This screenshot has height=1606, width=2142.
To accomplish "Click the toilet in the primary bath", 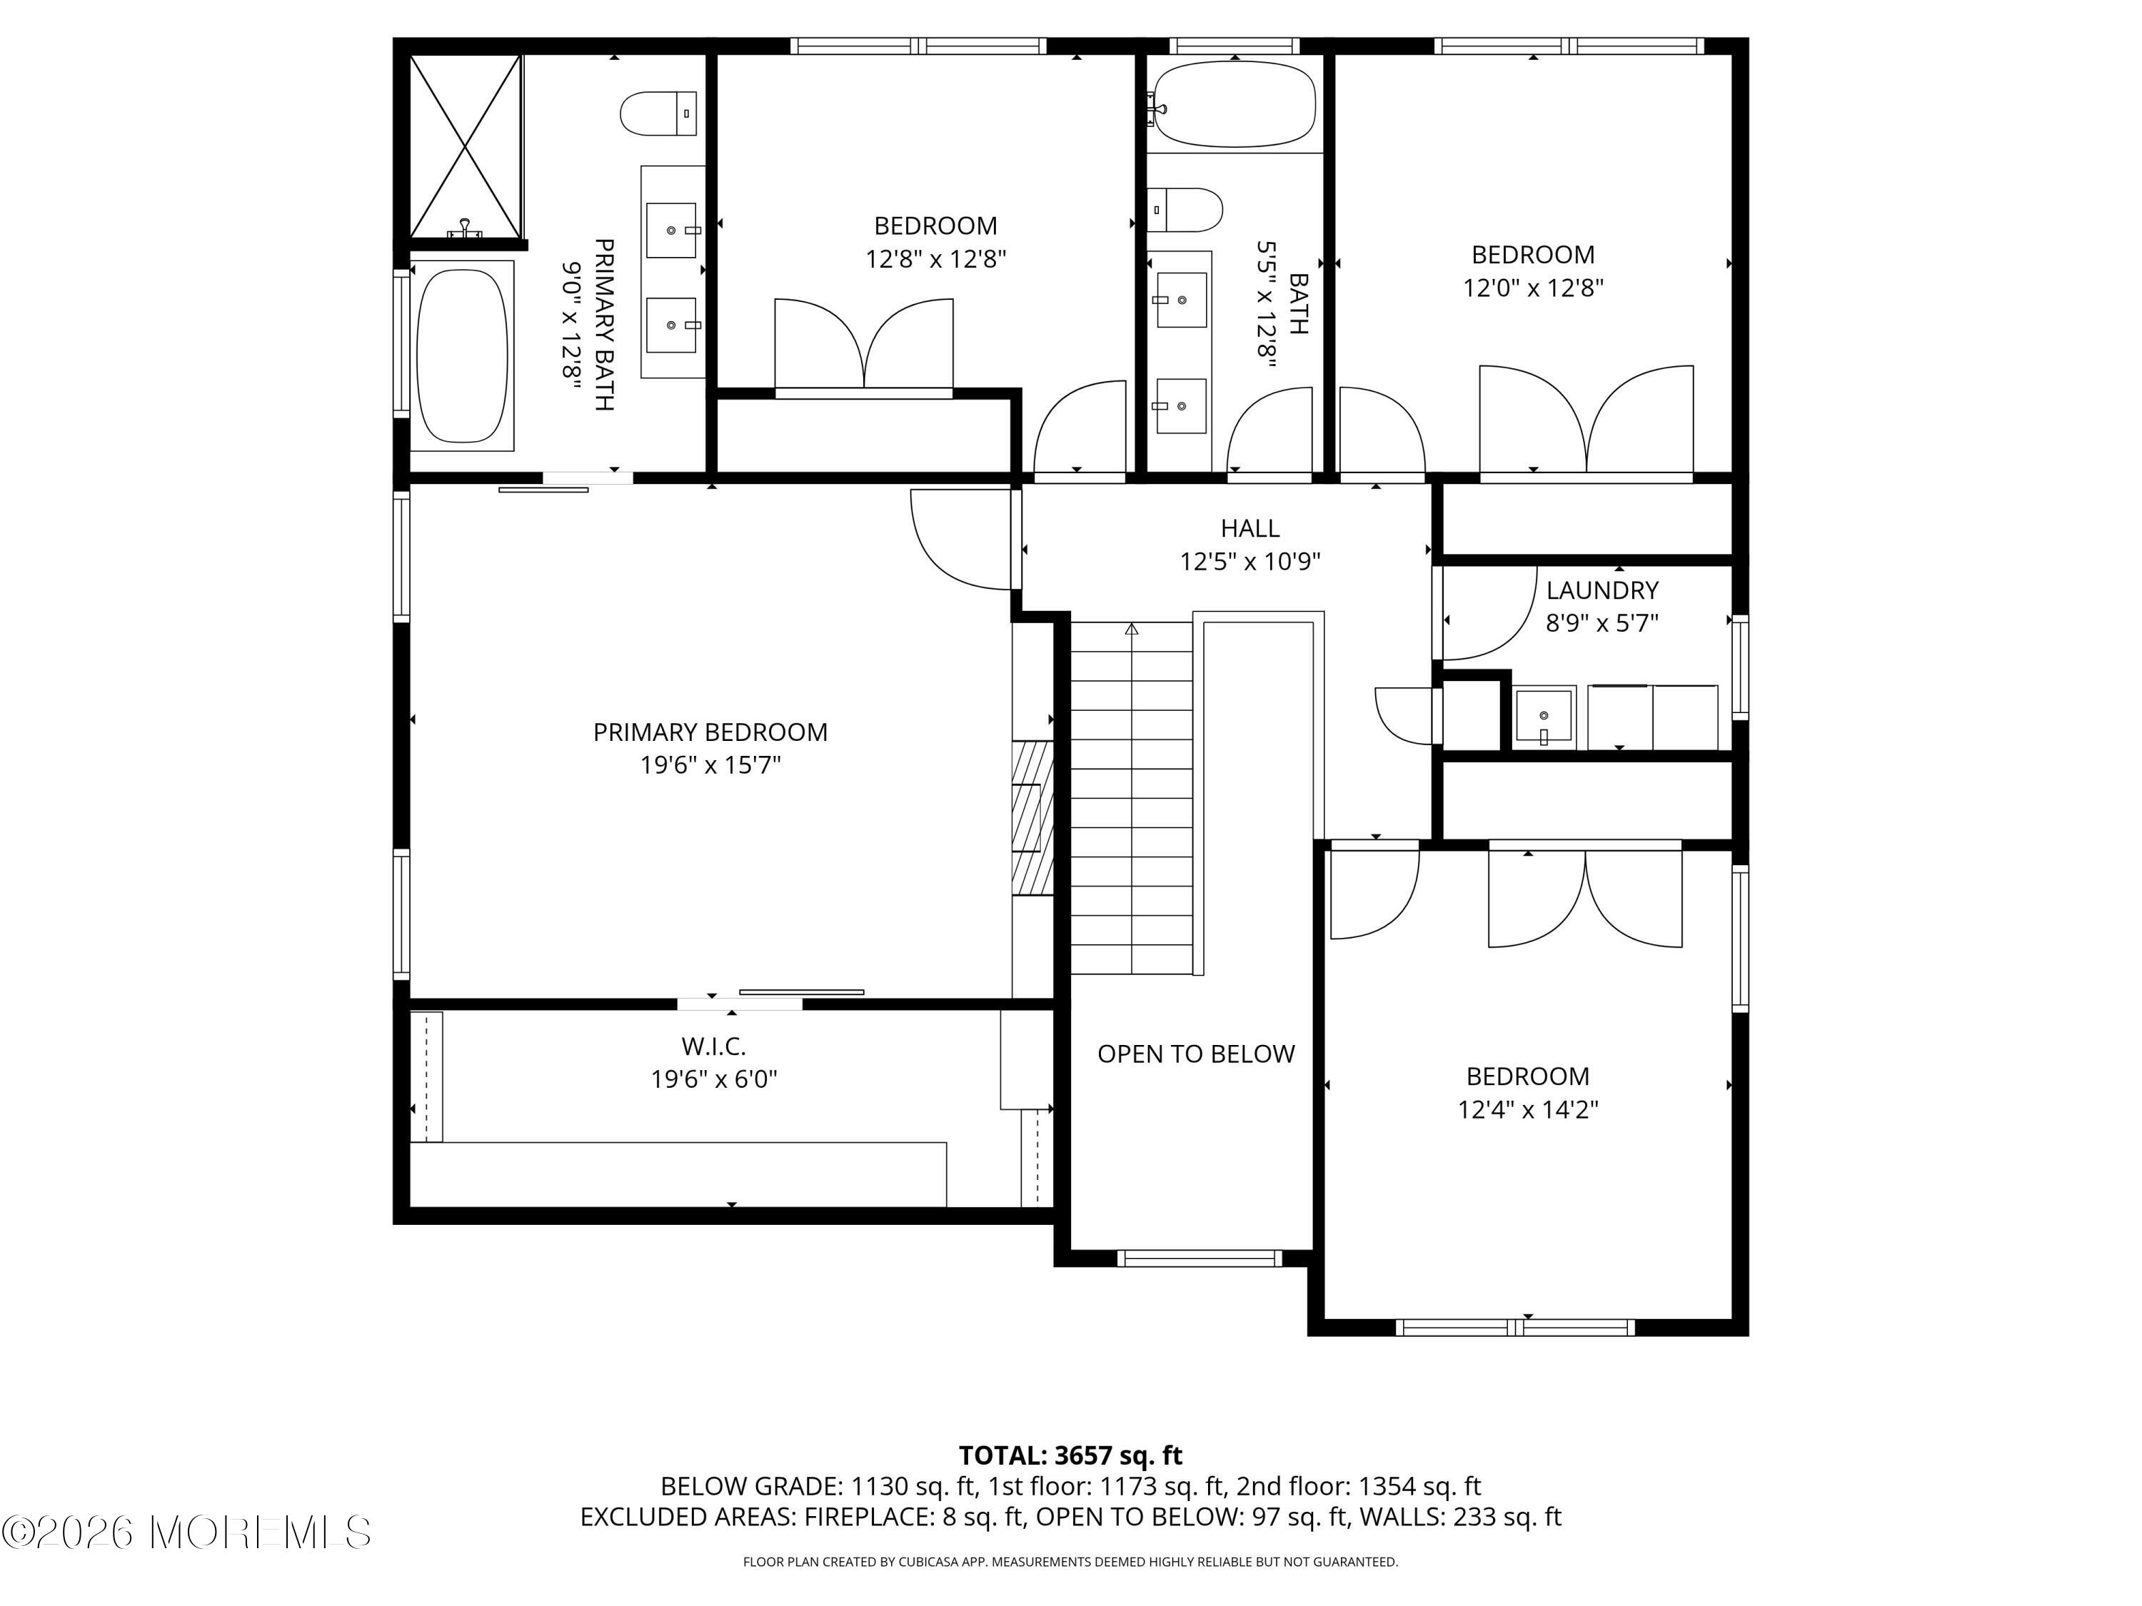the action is [x=658, y=113].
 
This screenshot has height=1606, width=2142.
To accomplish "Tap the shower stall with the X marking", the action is [x=466, y=146].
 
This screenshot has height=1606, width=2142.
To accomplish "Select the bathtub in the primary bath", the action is [x=462, y=355].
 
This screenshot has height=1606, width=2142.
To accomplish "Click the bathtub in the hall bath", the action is [x=1234, y=104].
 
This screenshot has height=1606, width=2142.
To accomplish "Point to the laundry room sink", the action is [x=1544, y=717].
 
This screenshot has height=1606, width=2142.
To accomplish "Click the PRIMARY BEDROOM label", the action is [x=710, y=732].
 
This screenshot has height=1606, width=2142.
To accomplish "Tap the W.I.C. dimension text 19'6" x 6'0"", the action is [x=715, y=1079].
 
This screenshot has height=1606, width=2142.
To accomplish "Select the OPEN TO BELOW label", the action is [x=1196, y=1054].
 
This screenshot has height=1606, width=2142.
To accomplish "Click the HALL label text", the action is [x=1250, y=527].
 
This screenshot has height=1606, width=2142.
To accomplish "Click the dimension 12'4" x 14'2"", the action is [x=1528, y=1109].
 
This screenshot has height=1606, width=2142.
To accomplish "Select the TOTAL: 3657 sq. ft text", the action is [x=1071, y=1455].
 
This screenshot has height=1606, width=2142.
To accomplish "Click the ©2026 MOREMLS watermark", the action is [x=186, y=1532].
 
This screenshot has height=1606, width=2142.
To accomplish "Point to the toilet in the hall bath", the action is [x=1185, y=210].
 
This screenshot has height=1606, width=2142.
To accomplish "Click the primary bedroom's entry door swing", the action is [x=960, y=539].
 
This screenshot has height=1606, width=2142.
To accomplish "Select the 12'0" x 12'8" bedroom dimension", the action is [x=1533, y=288].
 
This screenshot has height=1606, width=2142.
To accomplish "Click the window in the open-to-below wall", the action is [x=1199, y=1258].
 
